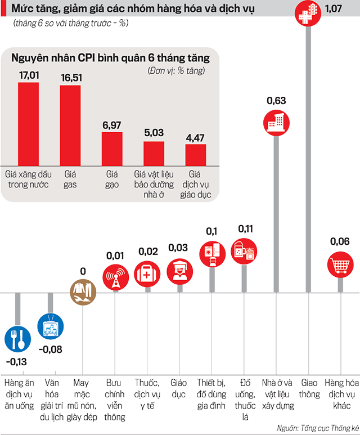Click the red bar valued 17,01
28,123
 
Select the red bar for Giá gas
70,124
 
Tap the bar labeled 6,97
111,147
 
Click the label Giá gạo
111,179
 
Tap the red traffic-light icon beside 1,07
308,11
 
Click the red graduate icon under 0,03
179,270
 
